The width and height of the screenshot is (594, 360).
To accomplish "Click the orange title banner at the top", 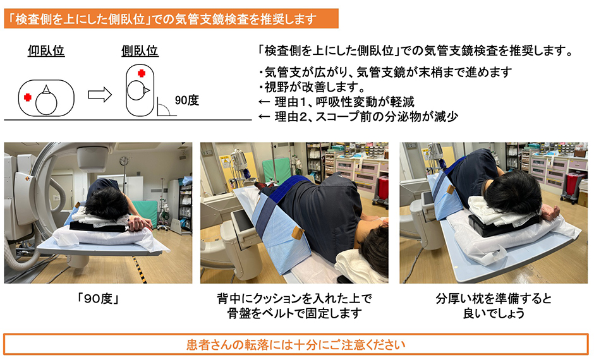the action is coord(171,18).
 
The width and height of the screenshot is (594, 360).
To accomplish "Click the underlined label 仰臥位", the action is coord(46,51).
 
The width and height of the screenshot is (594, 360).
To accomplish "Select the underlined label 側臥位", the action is coord(140,51).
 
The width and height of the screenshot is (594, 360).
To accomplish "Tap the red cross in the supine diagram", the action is coord(28,97).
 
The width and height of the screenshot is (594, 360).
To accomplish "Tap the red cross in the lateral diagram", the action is coord(142,73).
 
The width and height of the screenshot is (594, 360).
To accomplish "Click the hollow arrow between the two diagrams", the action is coord(100,94).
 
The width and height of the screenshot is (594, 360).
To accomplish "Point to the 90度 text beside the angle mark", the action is coord(187,100).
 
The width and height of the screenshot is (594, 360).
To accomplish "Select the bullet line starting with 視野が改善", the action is coord(313,87).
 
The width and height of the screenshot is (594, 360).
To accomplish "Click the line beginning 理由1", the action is coord(336,102).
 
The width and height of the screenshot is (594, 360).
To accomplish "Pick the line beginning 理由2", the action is coord(358,117).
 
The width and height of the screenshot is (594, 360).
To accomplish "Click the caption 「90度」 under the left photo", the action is coord(98,299).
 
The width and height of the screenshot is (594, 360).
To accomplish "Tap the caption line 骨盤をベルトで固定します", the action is coord(294,313).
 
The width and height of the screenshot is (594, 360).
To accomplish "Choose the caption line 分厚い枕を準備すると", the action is coord(494,299).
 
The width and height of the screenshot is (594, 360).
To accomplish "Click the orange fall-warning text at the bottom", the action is coord(296,345).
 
